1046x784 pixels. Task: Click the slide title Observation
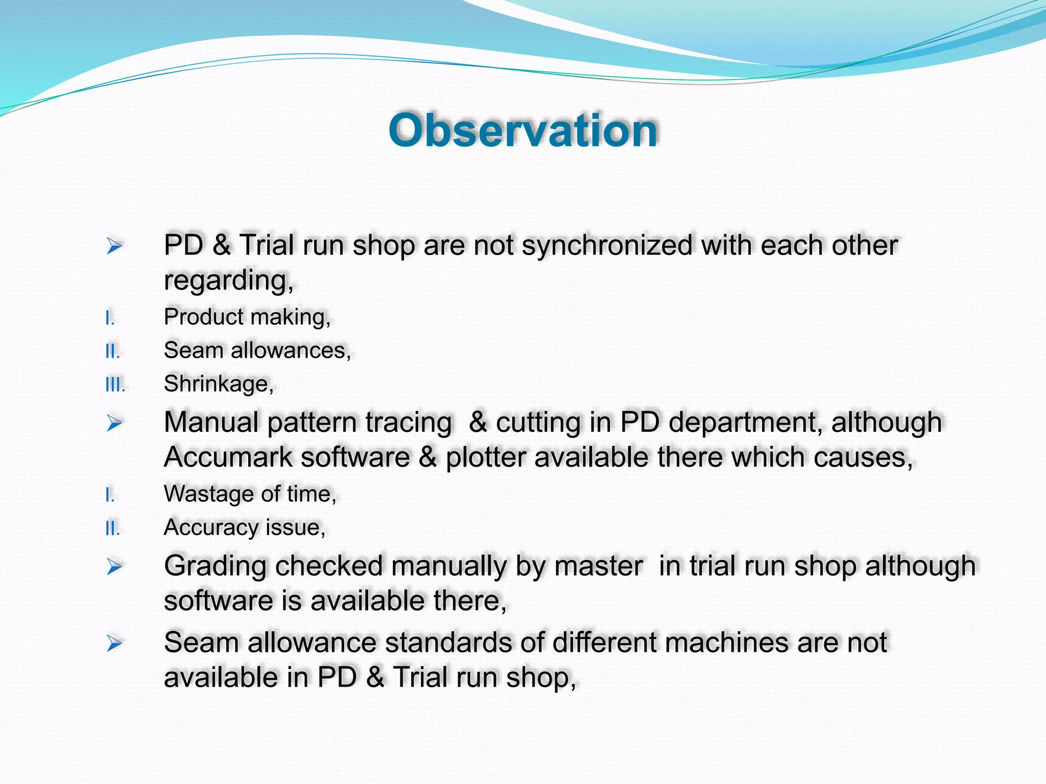(523, 131)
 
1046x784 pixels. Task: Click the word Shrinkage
(217, 384)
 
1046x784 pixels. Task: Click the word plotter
(486, 457)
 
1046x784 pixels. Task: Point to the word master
(598, 567)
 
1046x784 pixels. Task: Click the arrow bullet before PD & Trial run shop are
(114, 247)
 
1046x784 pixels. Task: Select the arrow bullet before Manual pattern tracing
(114, 423)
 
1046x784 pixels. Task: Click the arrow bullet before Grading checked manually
(114, 567)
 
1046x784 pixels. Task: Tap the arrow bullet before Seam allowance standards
(114, 644)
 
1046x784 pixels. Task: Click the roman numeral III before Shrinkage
(115, 385)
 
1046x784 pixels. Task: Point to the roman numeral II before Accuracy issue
(112, 529)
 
